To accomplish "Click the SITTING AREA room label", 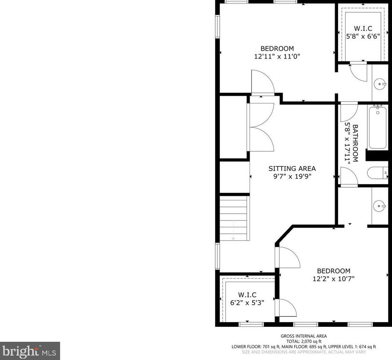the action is point(292,169).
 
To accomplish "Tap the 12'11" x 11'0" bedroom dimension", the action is point(277,56).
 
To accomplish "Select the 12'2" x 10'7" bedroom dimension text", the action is point(333,278).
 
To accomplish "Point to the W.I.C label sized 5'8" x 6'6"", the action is point(363,28).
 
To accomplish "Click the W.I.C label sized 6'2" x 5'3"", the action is point(247,295).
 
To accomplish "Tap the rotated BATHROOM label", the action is point(355,143).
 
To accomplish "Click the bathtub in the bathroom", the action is point(378,128).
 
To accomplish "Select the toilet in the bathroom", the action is point(378,173).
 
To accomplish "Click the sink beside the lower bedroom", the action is point(380,206).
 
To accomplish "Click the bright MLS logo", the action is point(30,351).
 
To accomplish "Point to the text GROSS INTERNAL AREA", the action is point(304,336).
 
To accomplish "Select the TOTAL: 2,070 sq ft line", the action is point(304,341).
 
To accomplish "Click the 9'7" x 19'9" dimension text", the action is point(292,176).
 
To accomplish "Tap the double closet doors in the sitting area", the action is point(261,127).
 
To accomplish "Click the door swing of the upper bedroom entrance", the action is point(262,82).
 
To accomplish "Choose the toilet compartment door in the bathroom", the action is point(349,176).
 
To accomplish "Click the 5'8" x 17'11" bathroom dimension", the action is point(347,143).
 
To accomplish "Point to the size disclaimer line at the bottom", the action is point(304,352).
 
